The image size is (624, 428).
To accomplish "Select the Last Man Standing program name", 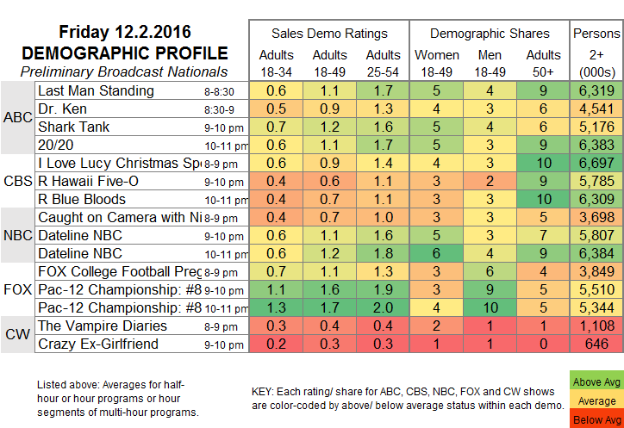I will coord(95,90).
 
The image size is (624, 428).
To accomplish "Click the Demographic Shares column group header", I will coord(490,34).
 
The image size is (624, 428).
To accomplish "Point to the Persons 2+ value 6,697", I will coord(596,163).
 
